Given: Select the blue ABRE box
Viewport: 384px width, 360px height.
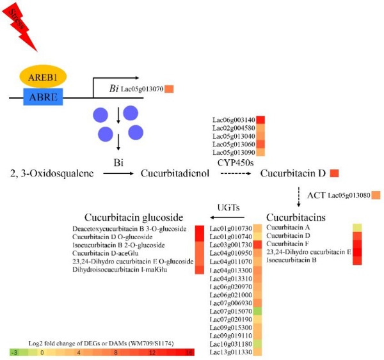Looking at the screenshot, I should point(44,97).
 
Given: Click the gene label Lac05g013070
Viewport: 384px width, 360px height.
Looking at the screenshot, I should point(141,90).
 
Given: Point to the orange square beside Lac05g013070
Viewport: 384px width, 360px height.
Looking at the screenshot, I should point(170,90).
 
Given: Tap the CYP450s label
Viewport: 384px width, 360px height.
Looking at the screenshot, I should point(236,163).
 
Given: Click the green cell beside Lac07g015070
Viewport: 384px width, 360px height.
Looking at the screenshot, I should point(257,311).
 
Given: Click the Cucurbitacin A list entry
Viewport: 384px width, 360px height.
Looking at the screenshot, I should point(288,227).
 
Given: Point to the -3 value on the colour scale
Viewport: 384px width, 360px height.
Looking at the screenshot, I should point(13,352).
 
